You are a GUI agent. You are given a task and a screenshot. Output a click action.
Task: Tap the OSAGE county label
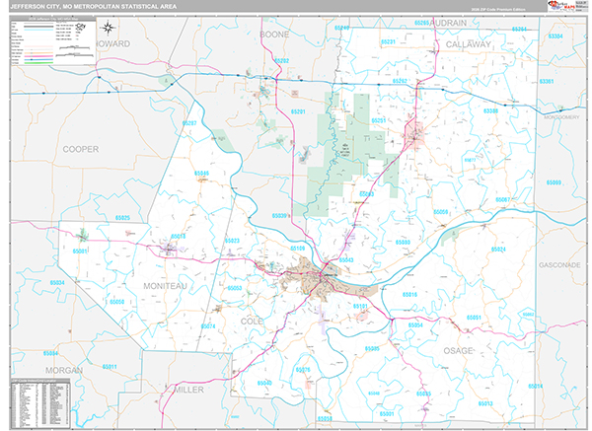(457, 351)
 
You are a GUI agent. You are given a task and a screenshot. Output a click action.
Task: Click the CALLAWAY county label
(467, 45)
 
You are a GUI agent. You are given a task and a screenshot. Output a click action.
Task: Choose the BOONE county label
(274, 34)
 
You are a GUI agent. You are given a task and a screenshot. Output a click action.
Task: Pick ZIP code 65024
(497, 250)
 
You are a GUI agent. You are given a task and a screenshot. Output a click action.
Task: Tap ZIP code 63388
(490, 111)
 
